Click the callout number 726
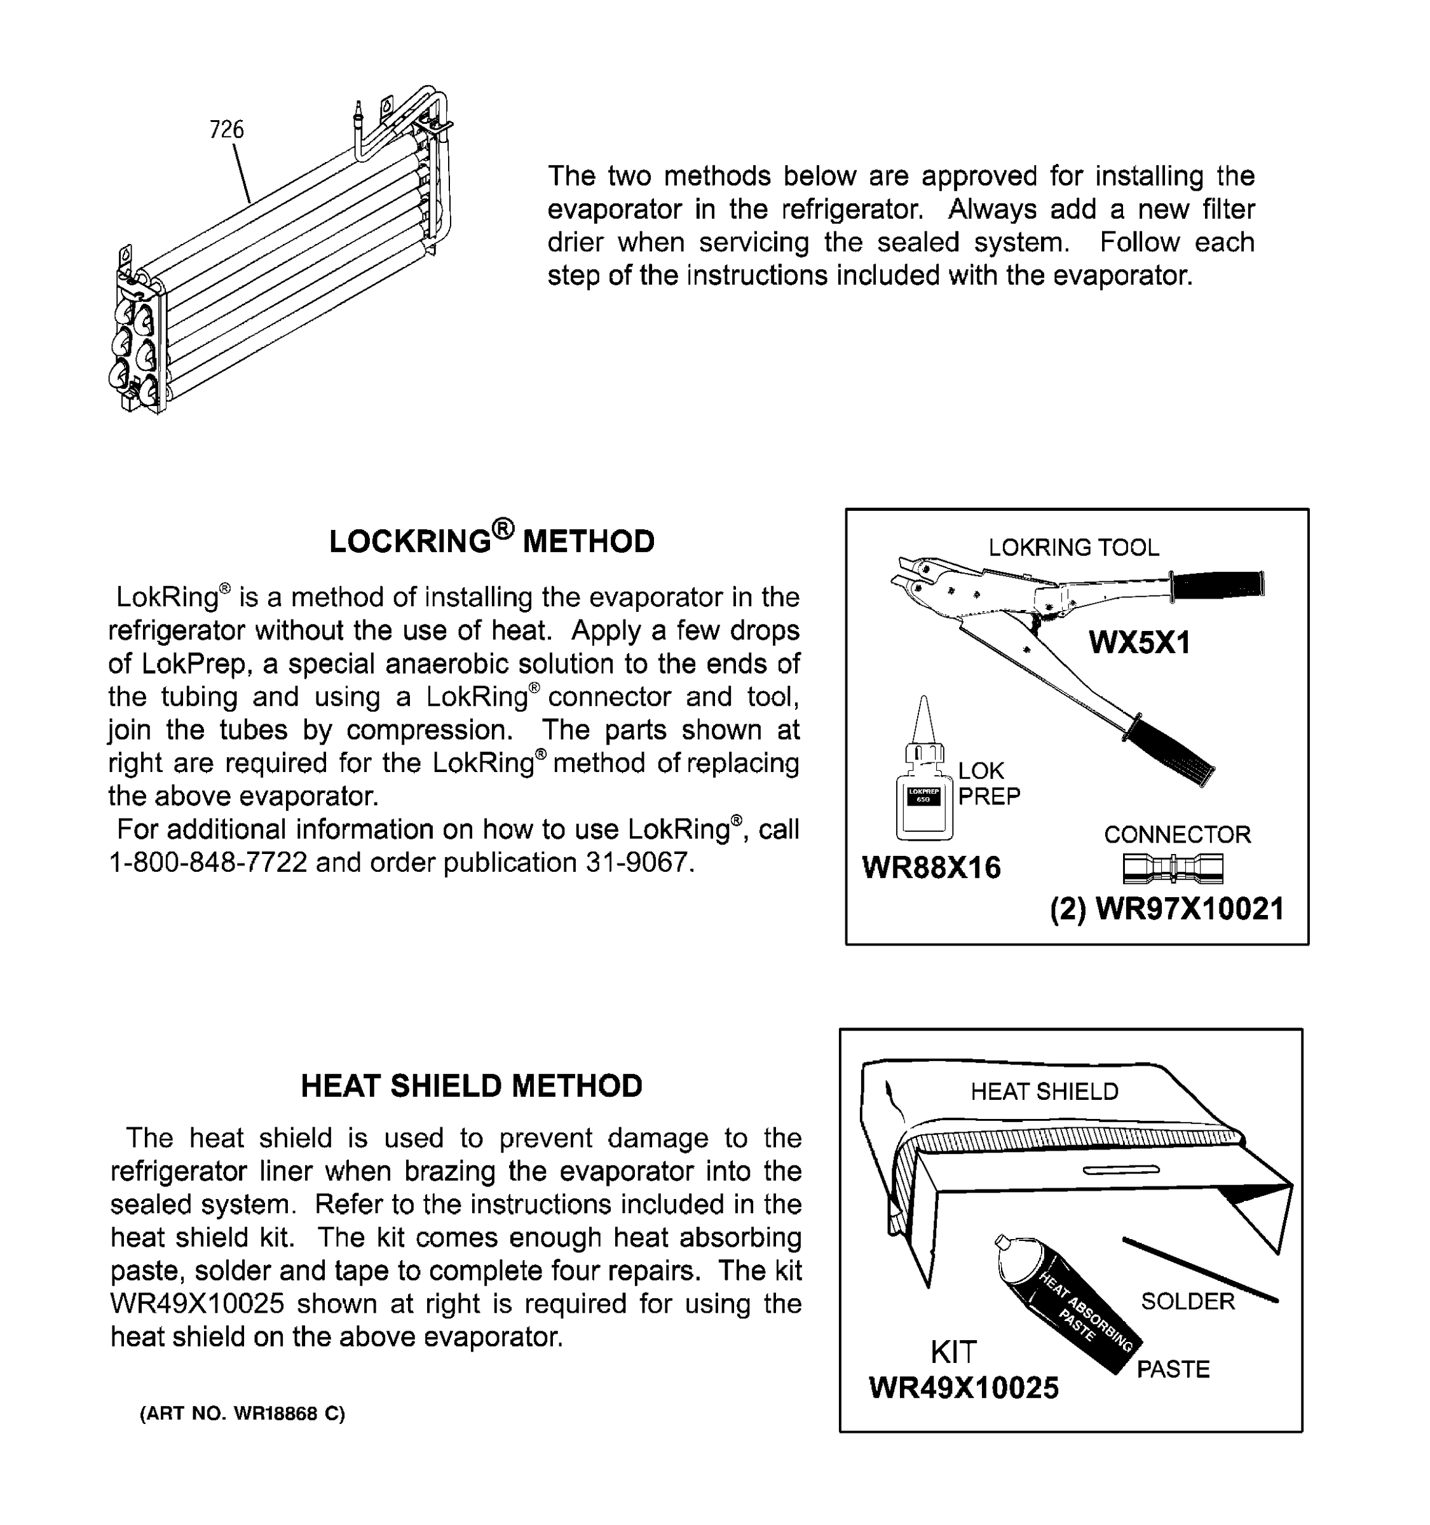(226, 130)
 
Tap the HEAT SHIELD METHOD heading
(471, 1085)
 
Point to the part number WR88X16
(931, 867)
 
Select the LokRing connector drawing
(1173, 869)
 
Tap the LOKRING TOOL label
(1073, 548)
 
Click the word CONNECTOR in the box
(1177, 834)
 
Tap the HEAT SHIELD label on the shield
(1044, 1092)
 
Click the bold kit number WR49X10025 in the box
(964, 1387)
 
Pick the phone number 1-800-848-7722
(208, 863)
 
